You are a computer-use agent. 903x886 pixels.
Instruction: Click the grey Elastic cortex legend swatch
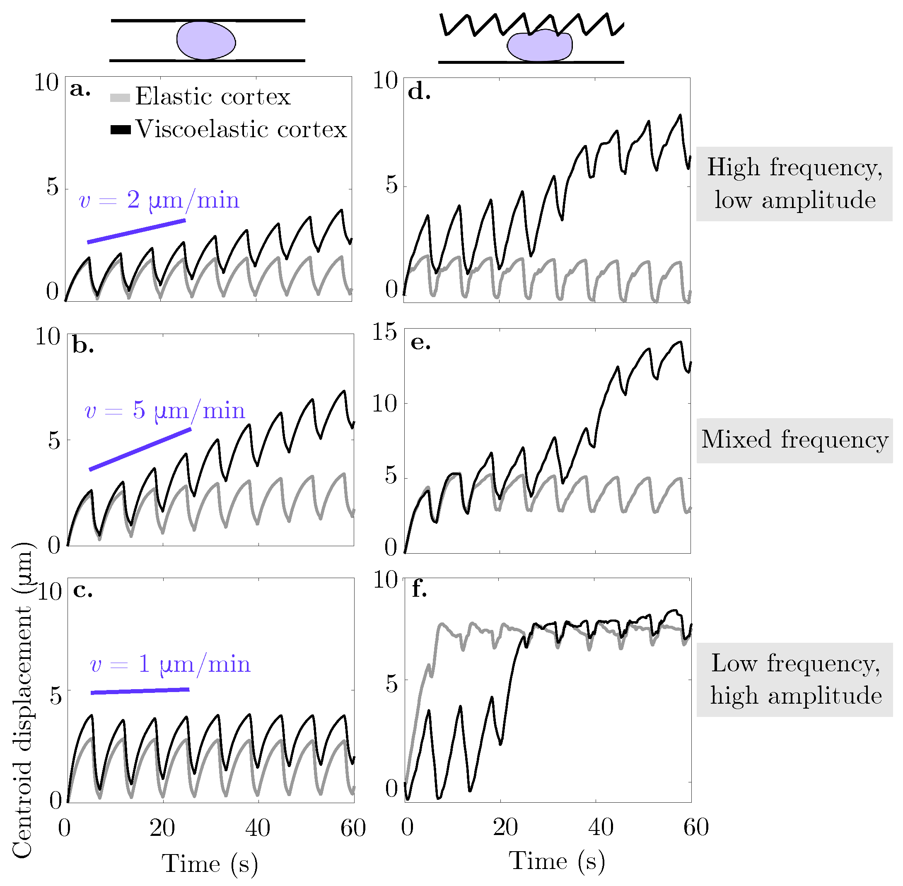[120, 98]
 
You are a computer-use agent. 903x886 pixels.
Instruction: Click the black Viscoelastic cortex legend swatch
[120, 130]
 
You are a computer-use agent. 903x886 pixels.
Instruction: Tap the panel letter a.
[80, 90]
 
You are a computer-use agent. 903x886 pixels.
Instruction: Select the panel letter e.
[420, 343]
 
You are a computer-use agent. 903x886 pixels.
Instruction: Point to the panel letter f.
[419, 589]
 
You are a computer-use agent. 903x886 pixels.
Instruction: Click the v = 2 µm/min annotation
[159, 201]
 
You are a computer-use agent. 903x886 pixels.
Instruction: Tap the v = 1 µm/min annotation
[170, 664]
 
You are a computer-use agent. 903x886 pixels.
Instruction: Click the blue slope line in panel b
[140, 450]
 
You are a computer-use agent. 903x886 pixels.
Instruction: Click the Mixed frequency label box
[794, 440]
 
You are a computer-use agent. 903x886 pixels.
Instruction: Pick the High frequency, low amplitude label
[794, 184]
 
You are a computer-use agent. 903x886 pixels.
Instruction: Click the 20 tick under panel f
[505, 828]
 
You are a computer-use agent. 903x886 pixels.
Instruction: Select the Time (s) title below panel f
[556, 861]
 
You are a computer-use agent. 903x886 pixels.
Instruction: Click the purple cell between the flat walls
[205, 41]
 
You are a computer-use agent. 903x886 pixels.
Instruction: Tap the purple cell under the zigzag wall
[540, 46]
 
